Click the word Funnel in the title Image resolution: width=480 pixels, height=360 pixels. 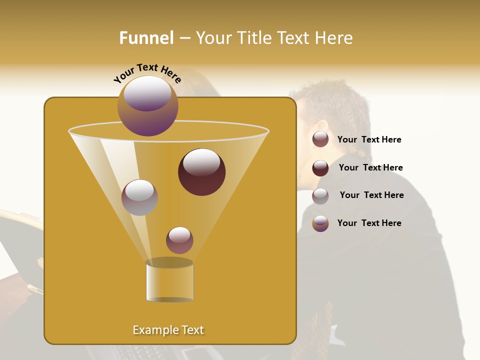[146, 38]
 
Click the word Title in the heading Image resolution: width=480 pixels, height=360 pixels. [253, 38]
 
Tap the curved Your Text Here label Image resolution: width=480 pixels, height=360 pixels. [147, 73]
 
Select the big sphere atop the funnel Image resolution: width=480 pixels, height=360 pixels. [148, 105]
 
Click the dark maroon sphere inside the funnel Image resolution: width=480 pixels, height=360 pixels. [202, 172]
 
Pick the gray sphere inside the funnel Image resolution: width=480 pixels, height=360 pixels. [139, 197]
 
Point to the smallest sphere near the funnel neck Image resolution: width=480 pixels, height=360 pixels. [179, 240]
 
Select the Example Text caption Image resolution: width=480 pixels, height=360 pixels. [168, 330]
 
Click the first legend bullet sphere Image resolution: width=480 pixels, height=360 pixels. [320, 139]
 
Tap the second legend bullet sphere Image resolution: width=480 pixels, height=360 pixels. [320, 168]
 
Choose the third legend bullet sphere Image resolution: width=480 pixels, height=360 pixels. [320, 196]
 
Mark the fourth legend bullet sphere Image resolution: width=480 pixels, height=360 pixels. [320, 223]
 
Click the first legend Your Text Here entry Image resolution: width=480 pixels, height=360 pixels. [369, 140]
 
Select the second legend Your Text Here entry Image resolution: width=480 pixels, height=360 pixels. [370, 168]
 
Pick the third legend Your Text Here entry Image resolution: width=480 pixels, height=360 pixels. [371, 195]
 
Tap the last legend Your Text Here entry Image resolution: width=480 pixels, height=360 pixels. [369, 223]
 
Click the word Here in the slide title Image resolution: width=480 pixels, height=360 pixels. [334, 38]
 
